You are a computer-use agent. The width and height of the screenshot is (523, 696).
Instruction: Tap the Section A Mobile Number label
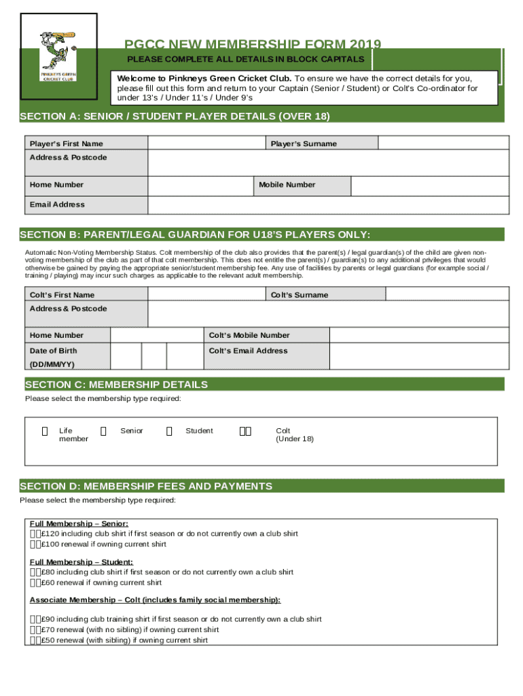(287, 184)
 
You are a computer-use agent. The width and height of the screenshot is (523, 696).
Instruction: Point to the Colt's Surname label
(300, 294)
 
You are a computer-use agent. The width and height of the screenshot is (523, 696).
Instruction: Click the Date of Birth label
(54, 351)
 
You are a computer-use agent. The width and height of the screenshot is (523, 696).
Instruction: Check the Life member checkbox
(45, 431)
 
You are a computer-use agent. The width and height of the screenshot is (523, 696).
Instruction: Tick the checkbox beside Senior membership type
(103, 431)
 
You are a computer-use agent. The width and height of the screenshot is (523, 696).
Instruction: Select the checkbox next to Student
(170, 431)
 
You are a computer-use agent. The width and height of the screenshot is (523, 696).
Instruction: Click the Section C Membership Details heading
(116, 385)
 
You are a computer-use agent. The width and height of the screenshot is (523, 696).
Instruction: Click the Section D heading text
(146, 486)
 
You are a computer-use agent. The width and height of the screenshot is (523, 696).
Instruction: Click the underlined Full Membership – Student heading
(81, 562)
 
